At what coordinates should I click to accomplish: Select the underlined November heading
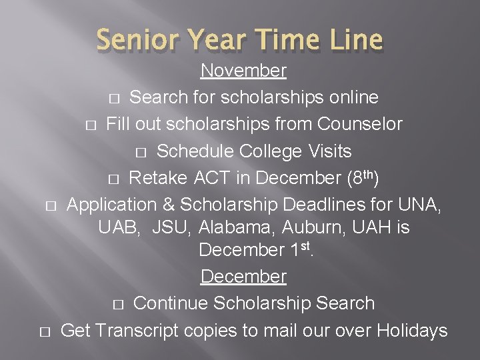243,70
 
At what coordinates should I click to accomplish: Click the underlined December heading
243,276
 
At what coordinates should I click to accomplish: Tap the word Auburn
309,227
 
